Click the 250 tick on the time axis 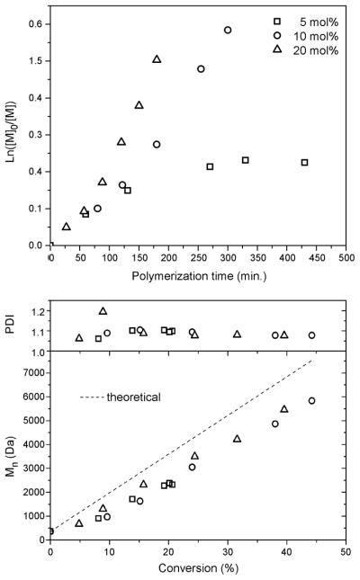tap(198, 257)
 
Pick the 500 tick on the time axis tap(346, 257)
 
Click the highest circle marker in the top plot tap(228, 30)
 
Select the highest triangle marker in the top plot tap(157, 59)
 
